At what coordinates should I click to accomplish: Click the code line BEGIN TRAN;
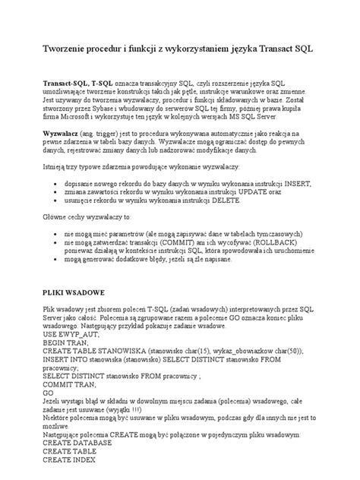tap(68, 343)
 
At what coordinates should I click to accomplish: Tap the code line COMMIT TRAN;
tap(73, 384)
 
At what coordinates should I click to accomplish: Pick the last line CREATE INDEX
tap(71, 459)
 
